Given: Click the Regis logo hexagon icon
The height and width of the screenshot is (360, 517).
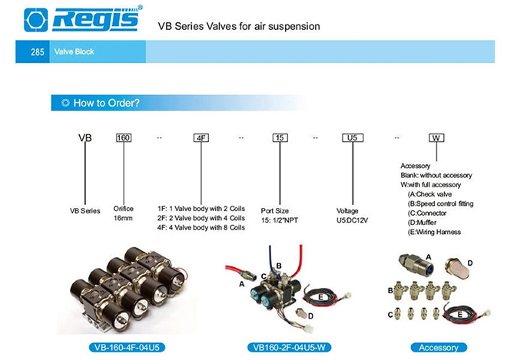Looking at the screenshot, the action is [36, 20].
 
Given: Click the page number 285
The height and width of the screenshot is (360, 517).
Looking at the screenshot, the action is [38, 52].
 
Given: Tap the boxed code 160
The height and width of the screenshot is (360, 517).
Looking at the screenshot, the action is [124, 137].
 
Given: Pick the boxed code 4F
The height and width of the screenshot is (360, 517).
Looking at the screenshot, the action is [201, 137].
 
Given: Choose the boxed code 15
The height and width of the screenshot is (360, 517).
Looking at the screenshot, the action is [280, 137].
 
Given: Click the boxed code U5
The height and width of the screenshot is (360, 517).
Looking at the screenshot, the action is [353, 137].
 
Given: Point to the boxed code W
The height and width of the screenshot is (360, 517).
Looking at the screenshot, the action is [436, 137].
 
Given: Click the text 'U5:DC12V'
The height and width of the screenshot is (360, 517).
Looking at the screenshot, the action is [352, 220].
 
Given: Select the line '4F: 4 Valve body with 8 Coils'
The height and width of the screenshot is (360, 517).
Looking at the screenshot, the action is [201, 228].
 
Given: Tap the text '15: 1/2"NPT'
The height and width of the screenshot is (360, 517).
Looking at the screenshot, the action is [280, 220].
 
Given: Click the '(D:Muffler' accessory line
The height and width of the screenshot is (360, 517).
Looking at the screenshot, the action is [422, 223].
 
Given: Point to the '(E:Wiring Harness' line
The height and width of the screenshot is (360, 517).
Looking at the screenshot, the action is [434, 233].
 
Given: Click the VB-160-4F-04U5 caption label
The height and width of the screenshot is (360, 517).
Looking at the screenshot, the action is [127, 348].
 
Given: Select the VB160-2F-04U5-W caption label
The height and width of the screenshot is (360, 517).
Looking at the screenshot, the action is [289, 348].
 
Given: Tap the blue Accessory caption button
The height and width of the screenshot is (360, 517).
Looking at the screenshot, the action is [439, 348].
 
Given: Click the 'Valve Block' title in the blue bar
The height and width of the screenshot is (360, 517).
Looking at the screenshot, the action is [75, 51].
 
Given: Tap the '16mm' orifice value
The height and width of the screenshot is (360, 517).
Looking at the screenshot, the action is [123, 218].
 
